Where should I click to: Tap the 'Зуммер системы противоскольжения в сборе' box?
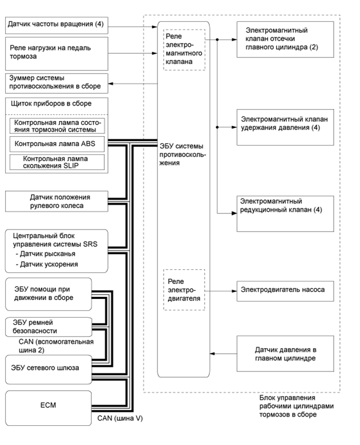click(x=55, y=82)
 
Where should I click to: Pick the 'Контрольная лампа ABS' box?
click(x=56, y=143)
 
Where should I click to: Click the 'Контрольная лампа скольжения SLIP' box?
click(x=56, y=161)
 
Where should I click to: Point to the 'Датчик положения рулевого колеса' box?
click(x=56, y=201)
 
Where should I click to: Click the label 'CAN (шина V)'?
click(x=120, y=418)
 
